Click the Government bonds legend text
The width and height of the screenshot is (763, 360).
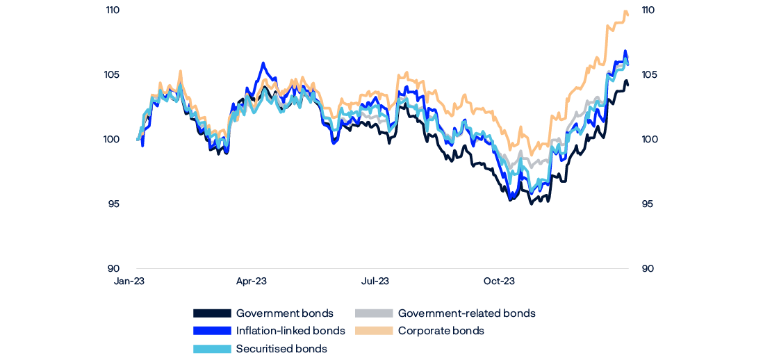point(285,313)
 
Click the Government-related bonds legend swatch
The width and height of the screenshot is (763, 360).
point(374,313)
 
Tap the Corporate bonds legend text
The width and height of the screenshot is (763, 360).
point(441,331)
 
